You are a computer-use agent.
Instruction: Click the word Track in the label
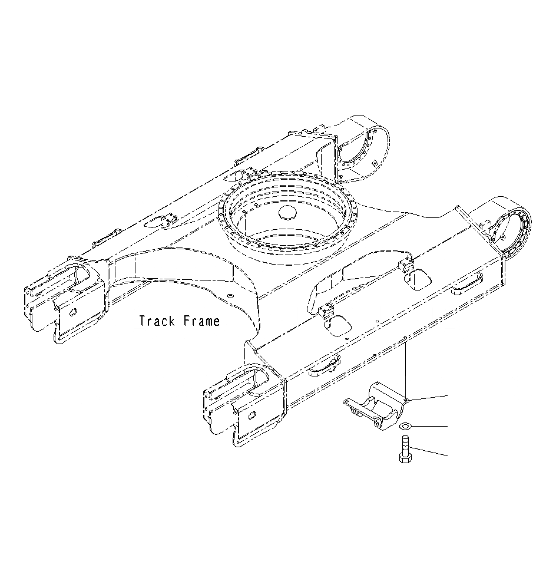(158, 321)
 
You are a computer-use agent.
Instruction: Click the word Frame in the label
(201, 321)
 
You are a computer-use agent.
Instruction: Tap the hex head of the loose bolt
(405, 457)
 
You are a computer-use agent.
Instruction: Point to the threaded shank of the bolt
(405, 444)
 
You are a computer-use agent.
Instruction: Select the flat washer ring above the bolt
(405, 426)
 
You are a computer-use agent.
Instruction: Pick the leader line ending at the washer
(430, 425)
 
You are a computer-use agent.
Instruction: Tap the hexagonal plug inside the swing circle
(287, 213)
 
